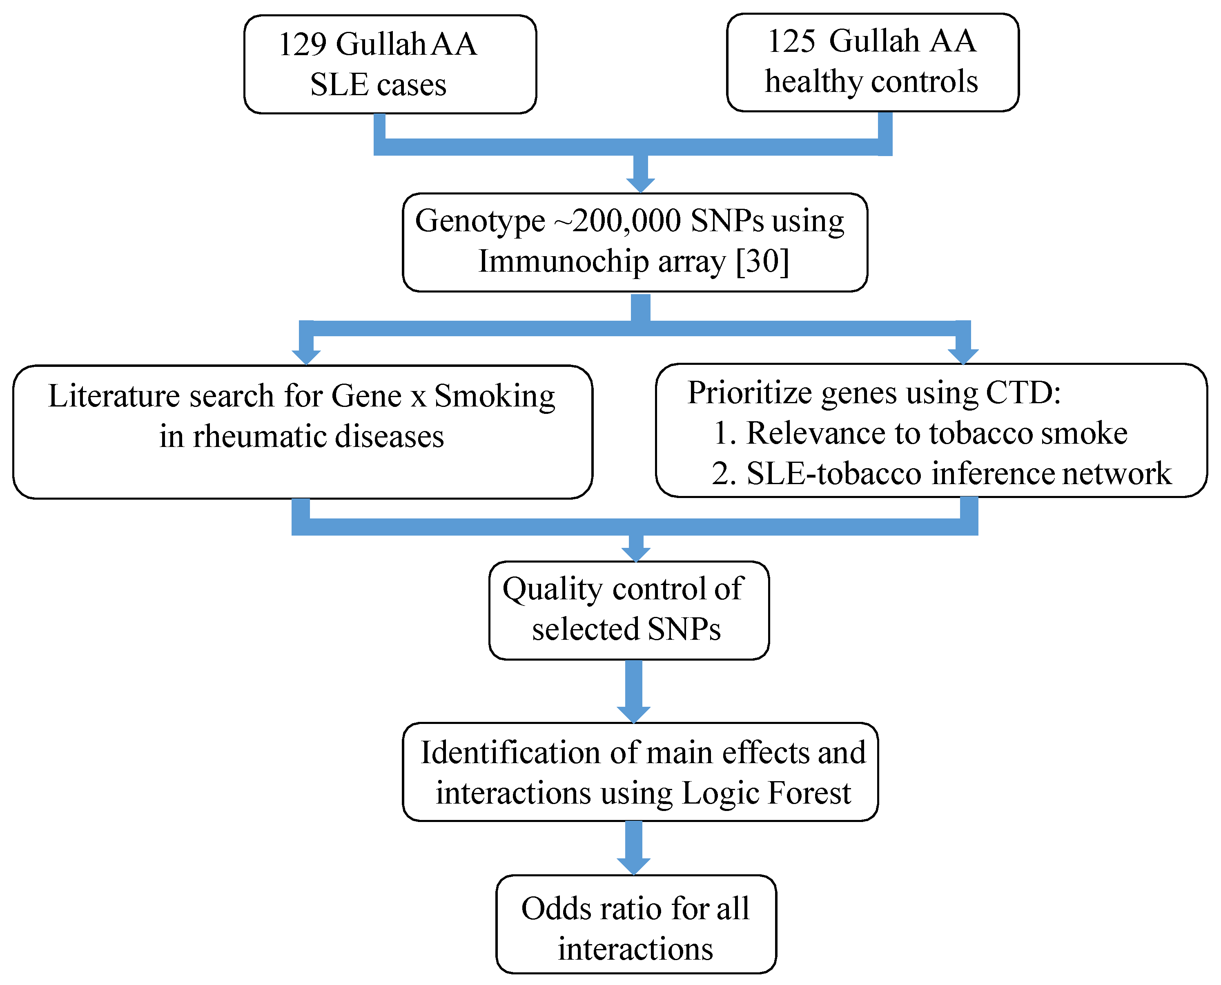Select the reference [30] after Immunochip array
[x=762, y=261]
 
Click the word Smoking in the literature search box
[x=495, y=395]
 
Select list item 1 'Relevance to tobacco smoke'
[x=920, y=433]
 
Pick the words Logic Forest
[x=766, y=793]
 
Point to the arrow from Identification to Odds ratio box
[x=633, y=848]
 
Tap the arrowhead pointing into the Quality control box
[x=636, y=553]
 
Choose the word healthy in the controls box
[x=814, y=82]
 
